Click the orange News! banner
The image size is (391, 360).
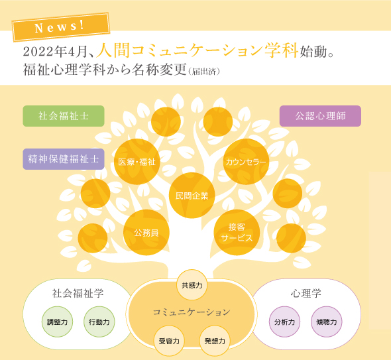[x=61, y=27]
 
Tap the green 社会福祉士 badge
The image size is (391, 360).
[x=64, y=116]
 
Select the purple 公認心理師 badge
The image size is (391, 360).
[x=320, y=116]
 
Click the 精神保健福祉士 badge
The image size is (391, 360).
[x=64, y=159]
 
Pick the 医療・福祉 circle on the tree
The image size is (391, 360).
[x=137, y=162]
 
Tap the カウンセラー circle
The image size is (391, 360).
[x=246, y=162]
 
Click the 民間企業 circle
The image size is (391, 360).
[x=192, y=196]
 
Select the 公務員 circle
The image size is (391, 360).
[x=146, y=232]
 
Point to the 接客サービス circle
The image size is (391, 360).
[x=237, y=232]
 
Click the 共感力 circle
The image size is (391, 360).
[x=192, y=284]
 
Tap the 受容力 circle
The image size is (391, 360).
[x=169, y=341]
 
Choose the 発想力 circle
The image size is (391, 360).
[x=215, y=341]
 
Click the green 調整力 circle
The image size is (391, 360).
[x=57, y=322]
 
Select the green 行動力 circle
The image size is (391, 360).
[x=99, y=322]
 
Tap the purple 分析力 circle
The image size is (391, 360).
[x=284, y=322]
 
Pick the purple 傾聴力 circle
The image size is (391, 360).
[x=327, y=322]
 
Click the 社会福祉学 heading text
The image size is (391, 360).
[x=78, y=293]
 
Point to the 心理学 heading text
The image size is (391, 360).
[x=306, y=293]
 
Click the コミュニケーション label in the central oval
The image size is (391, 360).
[x=192, y=312]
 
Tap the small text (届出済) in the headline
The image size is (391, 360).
[x=204, y=72]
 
